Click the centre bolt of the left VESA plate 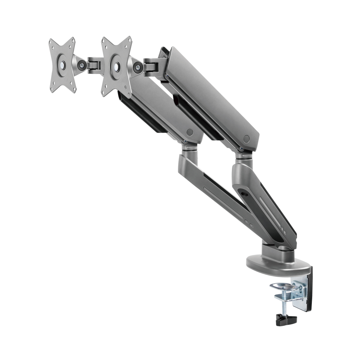click(x=62, y=65)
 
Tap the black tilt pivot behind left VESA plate click(x=82, y=65)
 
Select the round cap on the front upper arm click(x=190, y=133)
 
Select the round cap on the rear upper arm click(x=246, y=139)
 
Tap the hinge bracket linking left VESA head click(x=94, y=65)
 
